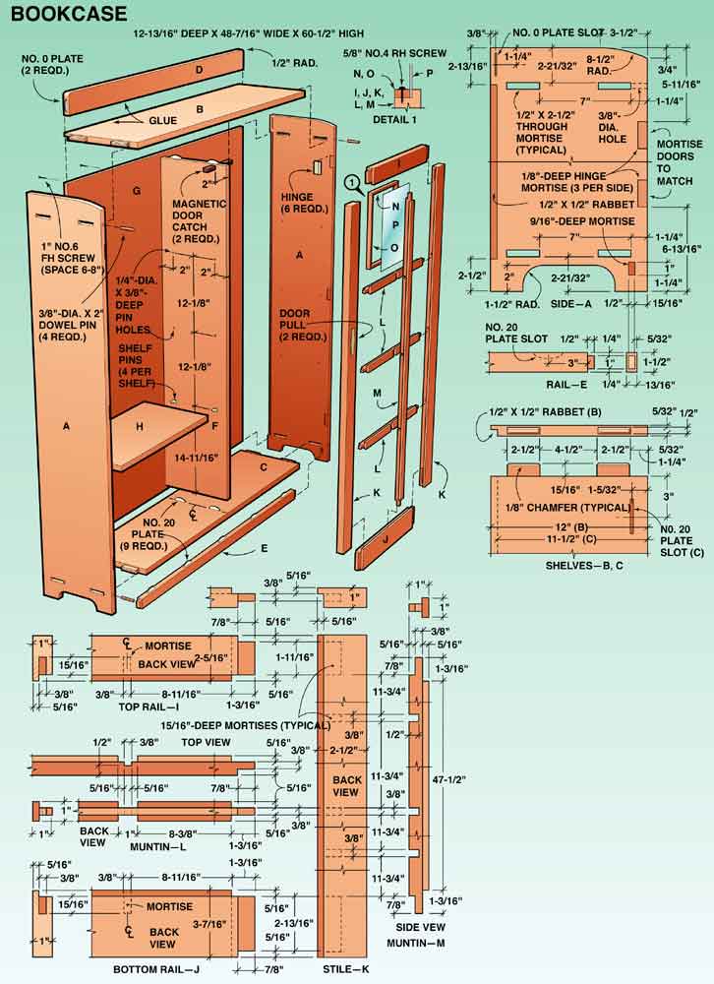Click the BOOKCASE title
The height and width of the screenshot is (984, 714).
(69, 13)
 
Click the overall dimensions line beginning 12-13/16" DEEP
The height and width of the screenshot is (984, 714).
(249, 33)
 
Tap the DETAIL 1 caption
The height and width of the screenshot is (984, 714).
(394, 119)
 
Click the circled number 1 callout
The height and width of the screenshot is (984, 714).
(354, 183)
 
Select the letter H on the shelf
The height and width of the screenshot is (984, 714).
(140, 427)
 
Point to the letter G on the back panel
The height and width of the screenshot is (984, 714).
(136, 191)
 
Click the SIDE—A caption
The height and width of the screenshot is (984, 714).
(571, 304)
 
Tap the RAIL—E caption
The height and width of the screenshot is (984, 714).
(566, 384)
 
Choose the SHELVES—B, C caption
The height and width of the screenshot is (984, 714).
(584, 566)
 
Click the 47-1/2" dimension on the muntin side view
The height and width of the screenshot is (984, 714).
(449, 780)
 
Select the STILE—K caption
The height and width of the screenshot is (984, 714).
(346, 969)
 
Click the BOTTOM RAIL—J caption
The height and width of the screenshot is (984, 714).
(156, 969)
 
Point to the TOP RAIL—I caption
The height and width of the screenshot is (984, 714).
(149, 707)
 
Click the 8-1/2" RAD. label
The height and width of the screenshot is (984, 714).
(600, 65)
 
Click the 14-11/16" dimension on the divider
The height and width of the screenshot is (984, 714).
(197, 459)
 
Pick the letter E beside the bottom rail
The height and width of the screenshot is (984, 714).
(265, 548)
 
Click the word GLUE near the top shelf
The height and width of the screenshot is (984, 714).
(162, 120)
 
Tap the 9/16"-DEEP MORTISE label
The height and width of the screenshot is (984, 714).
(581, 221)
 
